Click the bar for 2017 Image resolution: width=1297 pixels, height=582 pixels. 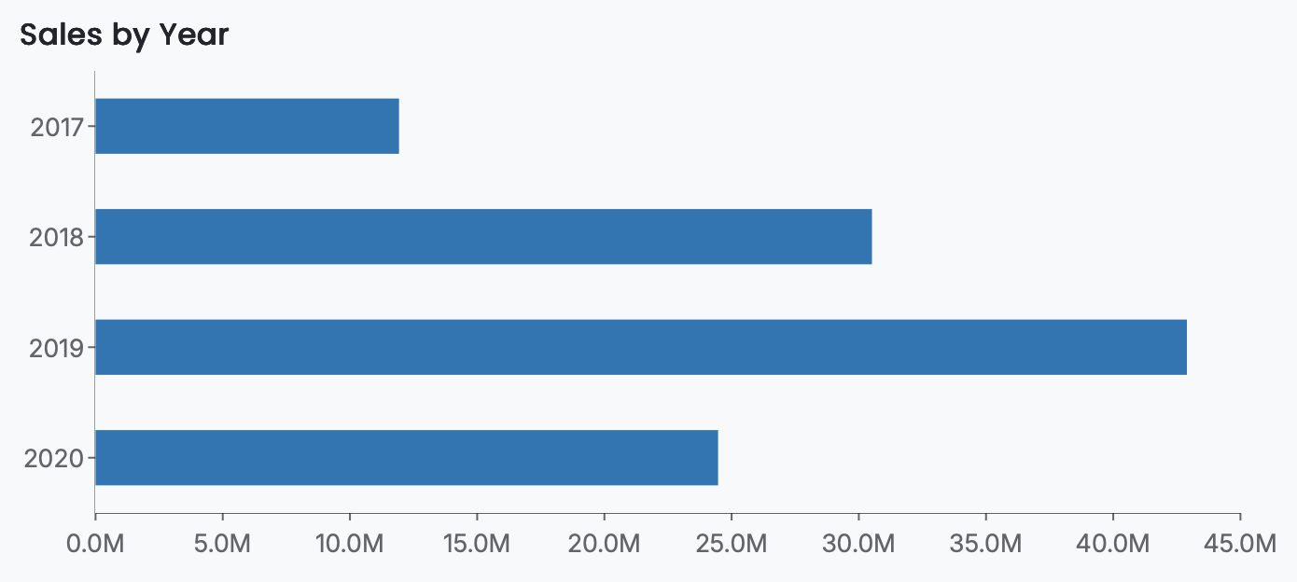click(247, 126)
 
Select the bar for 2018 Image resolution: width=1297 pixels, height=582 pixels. click(483, 237)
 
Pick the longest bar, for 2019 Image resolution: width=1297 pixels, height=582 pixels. click(641, 347)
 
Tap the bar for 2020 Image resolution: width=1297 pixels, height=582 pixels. click(407, 458)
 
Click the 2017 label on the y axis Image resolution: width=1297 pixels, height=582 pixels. click(57, 127)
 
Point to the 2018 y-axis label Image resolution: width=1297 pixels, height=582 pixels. click(57, 238)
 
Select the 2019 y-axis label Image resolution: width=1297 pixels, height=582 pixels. click(57, 349)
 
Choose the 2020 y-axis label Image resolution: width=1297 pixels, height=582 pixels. click(57, 459)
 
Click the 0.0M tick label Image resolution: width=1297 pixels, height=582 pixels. click(95, 543)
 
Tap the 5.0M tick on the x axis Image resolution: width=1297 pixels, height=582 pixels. click(222, 543)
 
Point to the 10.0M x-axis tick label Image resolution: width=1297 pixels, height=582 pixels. click(349, 543)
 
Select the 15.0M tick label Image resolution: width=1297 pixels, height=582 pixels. click(477, 543)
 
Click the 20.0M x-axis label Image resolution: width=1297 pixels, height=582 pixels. click(604, 543)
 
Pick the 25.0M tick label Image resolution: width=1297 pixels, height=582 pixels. click(732, 543)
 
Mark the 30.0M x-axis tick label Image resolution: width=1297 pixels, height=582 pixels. click(858, 543)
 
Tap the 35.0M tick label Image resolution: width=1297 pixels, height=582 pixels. click(985, 543)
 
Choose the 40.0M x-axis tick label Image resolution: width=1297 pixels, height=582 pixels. click(1113, 543)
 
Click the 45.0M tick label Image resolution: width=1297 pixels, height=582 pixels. click(1240, 543)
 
